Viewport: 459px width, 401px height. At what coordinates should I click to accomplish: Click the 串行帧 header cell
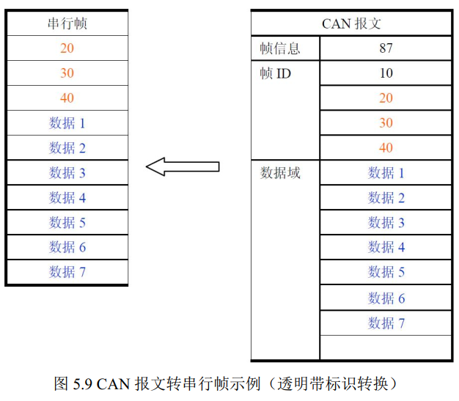[x=67, y=23]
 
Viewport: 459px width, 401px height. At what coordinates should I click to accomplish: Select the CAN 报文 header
[x=351, y=23]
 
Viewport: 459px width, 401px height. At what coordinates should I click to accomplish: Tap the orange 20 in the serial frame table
[x=67, y=48]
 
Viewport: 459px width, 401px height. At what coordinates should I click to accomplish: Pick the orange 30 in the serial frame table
[x=67, y=73]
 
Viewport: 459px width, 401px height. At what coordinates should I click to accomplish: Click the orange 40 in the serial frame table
[x=67, y=98]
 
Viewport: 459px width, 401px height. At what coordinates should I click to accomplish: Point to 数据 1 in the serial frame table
[x=67, y=123]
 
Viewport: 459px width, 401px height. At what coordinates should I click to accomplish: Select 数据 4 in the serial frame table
[x=67, y=198]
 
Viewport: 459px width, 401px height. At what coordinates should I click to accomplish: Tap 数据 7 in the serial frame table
[x=67, y=272]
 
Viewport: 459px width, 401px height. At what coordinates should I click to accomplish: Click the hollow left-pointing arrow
[x=183, y=166]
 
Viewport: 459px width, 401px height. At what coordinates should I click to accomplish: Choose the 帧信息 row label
[x=280, y=48]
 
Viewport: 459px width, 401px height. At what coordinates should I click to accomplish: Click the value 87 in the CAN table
[x=386, y=48]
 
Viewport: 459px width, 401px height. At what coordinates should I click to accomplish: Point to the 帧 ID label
[x=275, y=73]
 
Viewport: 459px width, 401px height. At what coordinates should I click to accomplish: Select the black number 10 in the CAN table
[x=386, y=73]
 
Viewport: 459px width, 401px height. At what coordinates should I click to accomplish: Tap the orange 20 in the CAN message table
[x=386, y=98]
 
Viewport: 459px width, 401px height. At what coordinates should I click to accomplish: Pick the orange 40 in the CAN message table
[x=386, y=147]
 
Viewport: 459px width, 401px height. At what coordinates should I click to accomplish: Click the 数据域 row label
[x=280, y=173]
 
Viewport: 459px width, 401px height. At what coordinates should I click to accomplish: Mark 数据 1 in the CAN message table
[x=386, y=173]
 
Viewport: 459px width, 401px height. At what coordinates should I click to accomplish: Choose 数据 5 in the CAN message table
[x=386, y=272]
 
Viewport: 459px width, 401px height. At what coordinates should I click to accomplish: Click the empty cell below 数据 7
[x=386, y=347]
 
